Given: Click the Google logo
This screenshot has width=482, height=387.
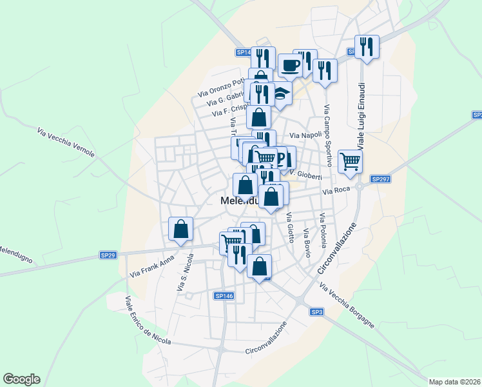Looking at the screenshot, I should coord(21,379).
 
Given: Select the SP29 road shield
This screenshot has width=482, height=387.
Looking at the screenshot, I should coord(108,255).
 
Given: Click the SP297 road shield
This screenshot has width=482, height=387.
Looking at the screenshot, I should coord(379,179).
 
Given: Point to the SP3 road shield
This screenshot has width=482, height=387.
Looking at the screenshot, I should coord(316,312).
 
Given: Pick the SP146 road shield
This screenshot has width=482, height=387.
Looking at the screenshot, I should coord(224,295).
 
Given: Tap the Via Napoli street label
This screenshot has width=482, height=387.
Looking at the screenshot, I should coord(305,136).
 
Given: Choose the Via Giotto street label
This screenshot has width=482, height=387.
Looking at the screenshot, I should coord(291,227).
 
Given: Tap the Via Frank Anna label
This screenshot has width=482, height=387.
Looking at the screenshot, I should coord(152,266).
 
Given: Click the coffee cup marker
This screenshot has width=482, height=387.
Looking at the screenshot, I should coord(291,65).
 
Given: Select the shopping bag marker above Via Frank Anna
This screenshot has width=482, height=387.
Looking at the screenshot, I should coord(181,228).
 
